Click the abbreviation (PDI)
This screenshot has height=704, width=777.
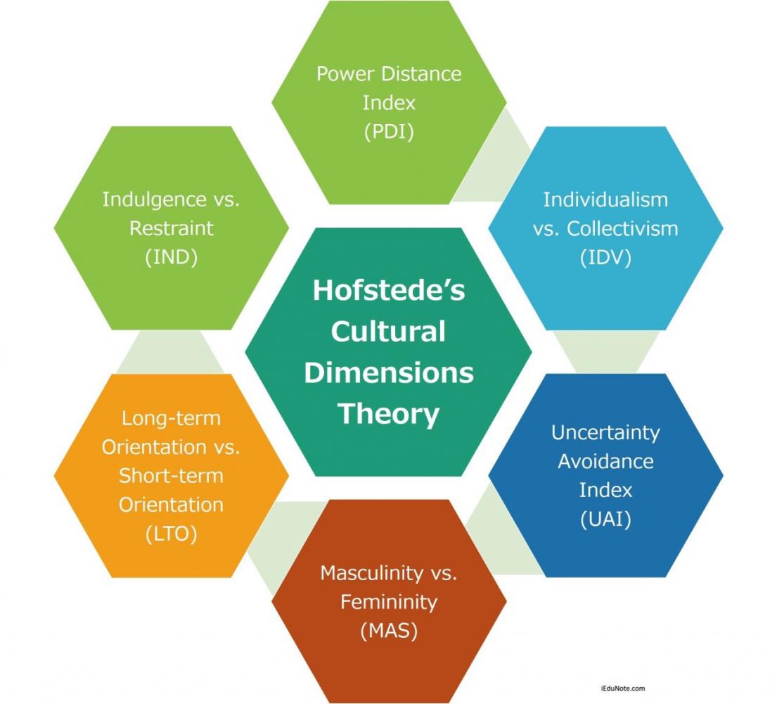click(389, 132)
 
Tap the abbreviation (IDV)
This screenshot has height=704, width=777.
click(605, 258)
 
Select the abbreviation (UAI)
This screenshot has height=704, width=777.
click(605, 519)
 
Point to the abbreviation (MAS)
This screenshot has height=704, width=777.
click(389, 631)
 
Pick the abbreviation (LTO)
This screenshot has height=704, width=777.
click(171, 534)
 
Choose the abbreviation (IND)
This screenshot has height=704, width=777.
click(171, 257)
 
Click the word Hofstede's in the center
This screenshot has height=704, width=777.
click(388, 290)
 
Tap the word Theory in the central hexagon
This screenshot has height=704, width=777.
click(388, 413)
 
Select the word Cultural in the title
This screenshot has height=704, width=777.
click(388, 331)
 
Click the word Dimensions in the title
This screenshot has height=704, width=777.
click(388, 372)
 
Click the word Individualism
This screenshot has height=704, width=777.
click(605, 199)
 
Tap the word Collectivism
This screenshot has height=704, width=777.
click(623, 229)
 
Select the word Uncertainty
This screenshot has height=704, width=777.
click(605, 432)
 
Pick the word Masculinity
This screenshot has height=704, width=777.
click(371, 572)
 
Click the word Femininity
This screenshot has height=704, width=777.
click(389, 602)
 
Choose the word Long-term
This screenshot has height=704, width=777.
click(171, 417)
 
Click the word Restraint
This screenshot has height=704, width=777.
click(171, 228)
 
